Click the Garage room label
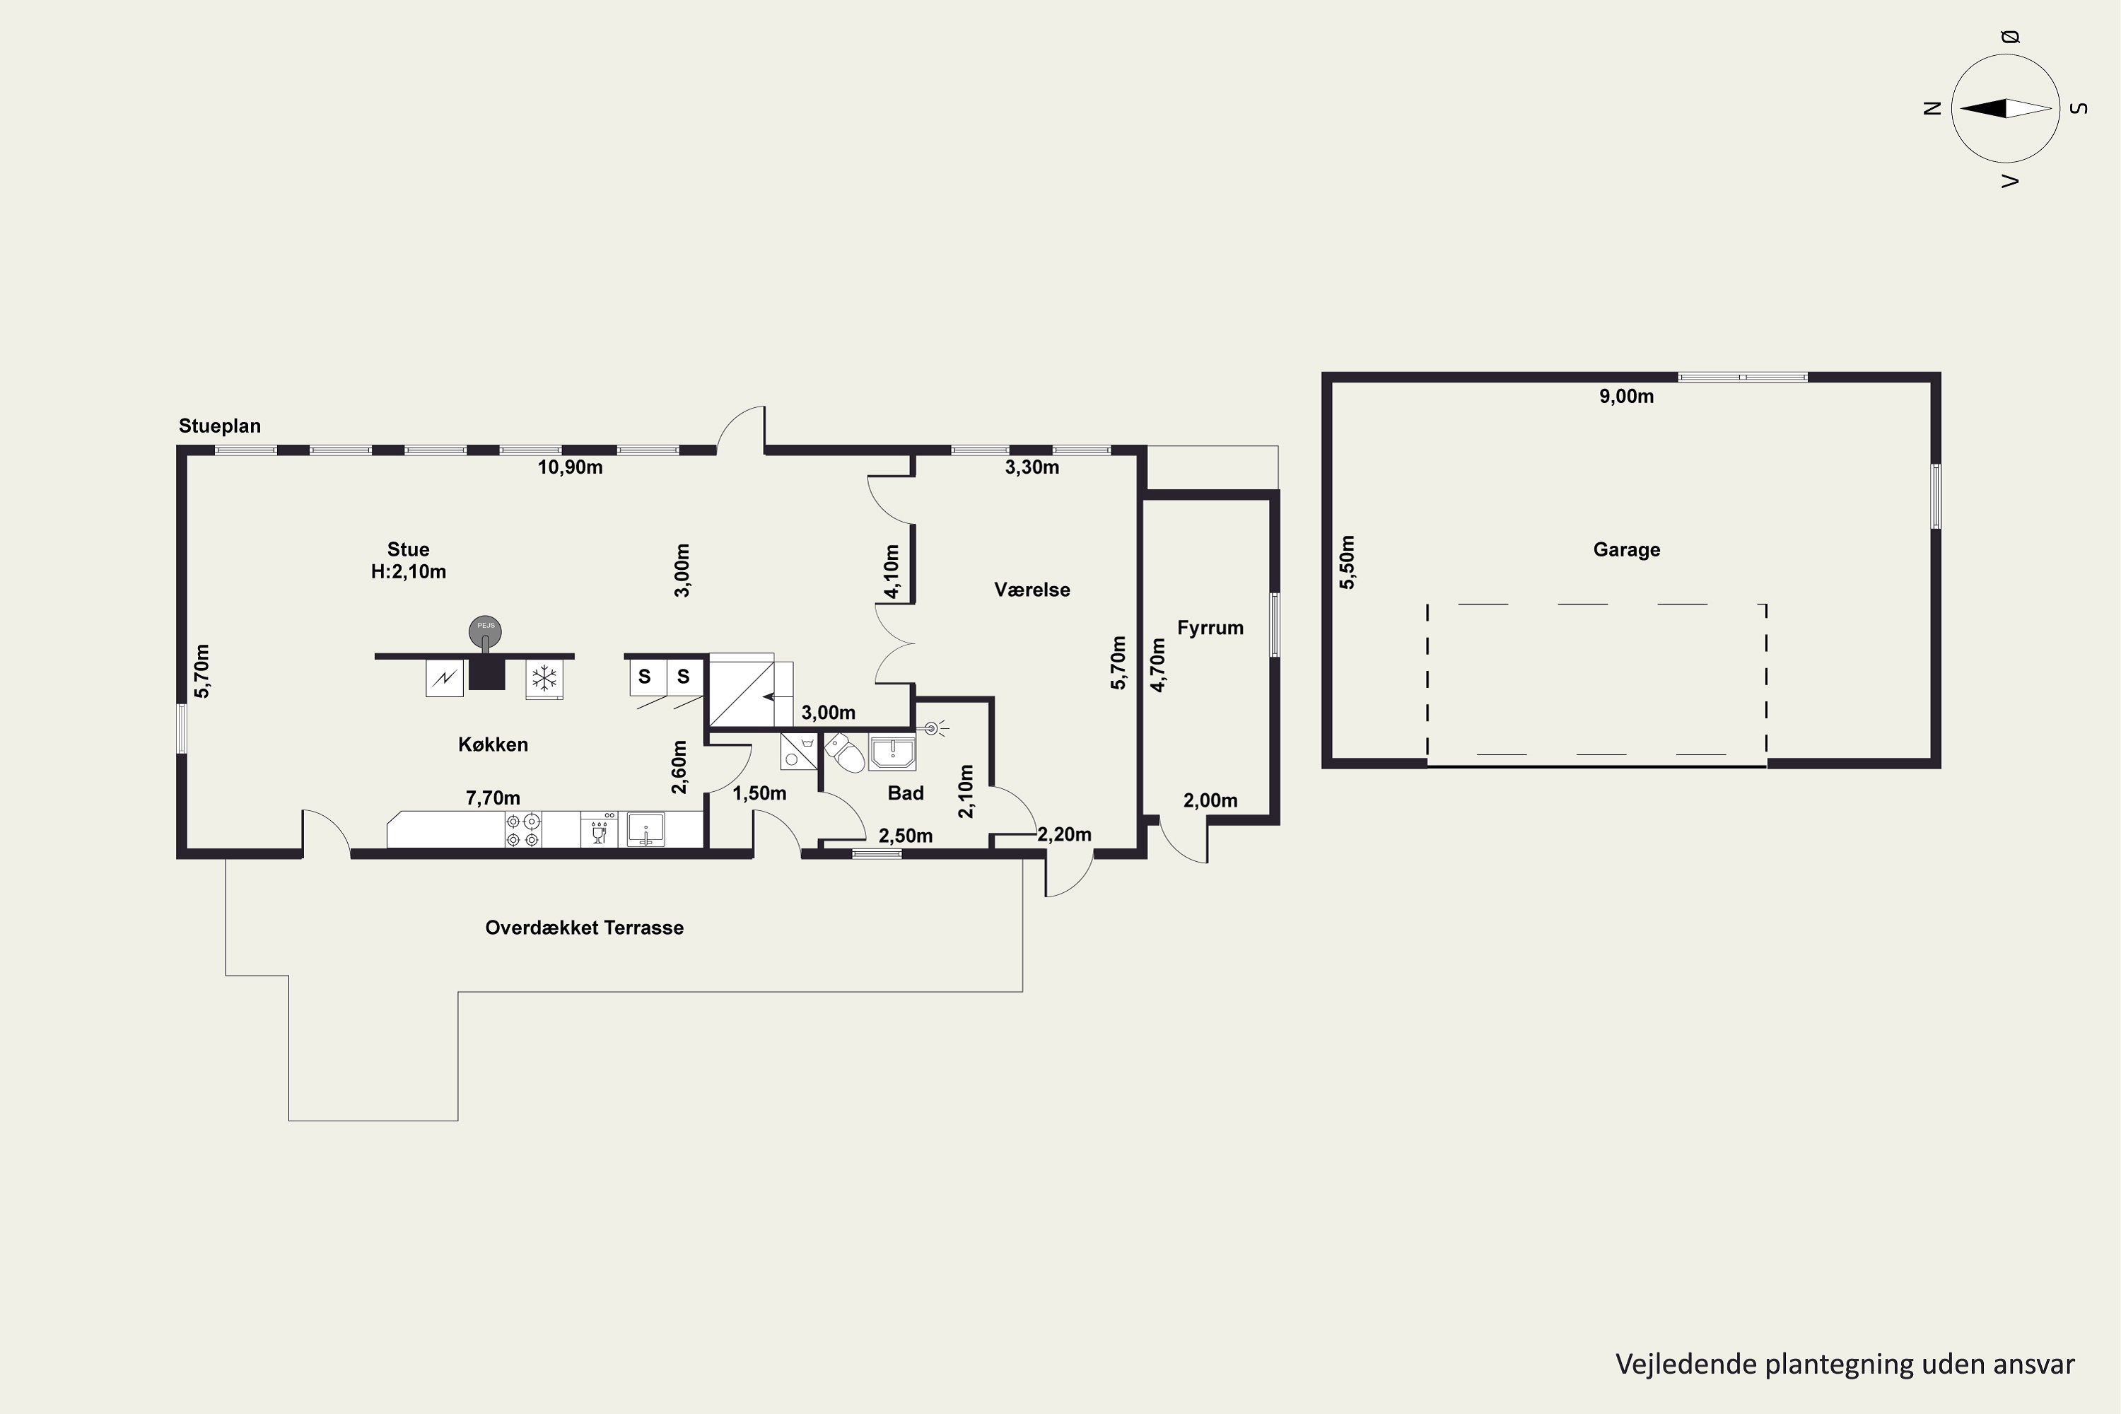pyautogui.click(x=1626, y=549)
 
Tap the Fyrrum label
pyautogui.click(x=1210, y=628)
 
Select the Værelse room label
pyautogui.click(x=1032, y=590)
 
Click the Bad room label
pyautogui.click(x=906, y=793)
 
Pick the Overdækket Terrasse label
pyautogui.click(x=585, y=928)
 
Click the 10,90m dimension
pyautogui.click(x=570, y=467)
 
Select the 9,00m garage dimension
pyautogui.click(x=1626, y=396)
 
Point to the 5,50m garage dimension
pyautogui.click(x=1346, y=562)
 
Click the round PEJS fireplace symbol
pyautogui.click(x=485, y=631)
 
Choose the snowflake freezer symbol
pyautogui.click(x=544, y=678)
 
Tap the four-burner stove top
pyautogui.click(x=523, y=829)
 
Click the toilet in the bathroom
pyautogui.click(x=844, y=753)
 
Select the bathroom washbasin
pyautogui.click(x=892, y=752)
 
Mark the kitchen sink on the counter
pyautogui.click(x=645, y=829)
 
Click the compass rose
pyautogui.click(x=2006, y=108)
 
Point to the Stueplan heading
pyautogui.click(x=219, y=426)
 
